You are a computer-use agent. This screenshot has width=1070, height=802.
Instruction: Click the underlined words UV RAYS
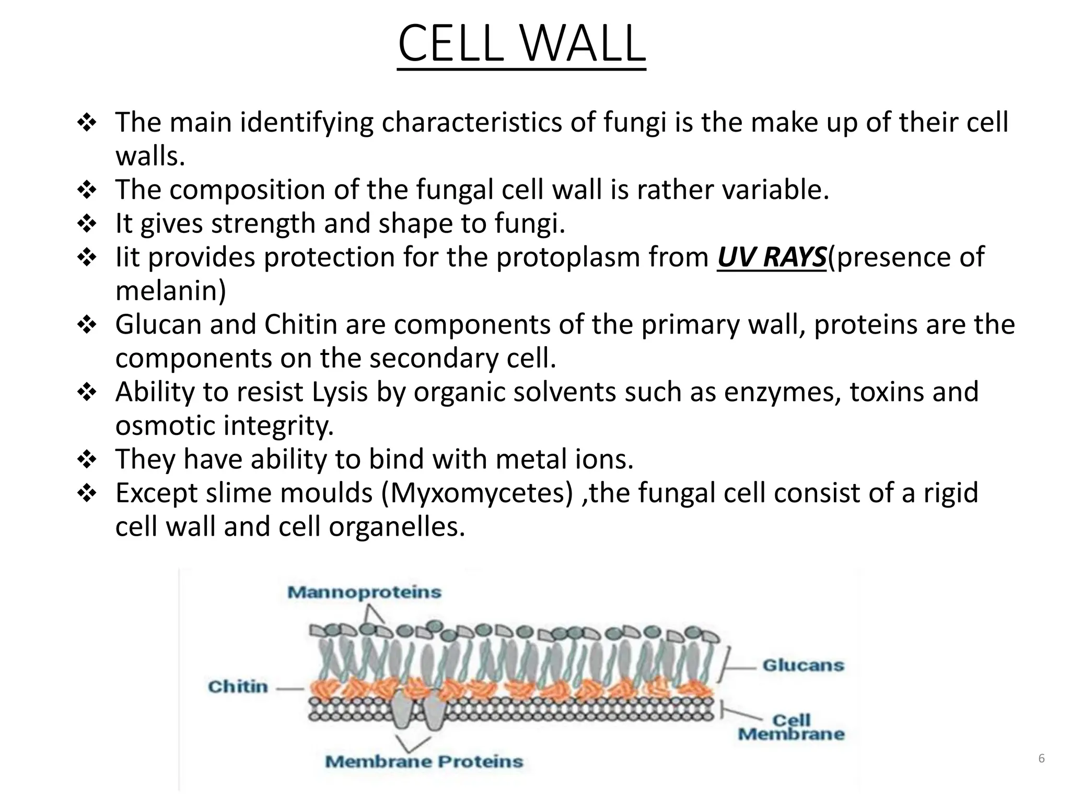772,257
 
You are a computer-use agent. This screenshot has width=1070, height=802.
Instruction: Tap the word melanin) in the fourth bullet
171,291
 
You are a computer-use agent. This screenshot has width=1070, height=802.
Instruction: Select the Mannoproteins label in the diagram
364,592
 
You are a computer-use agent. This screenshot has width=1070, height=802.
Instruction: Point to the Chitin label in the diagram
238,686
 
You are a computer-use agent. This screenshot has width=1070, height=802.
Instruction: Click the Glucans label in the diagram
803,665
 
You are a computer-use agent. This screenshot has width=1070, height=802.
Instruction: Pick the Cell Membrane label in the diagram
791,727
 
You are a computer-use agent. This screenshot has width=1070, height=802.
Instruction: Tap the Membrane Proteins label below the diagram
424,761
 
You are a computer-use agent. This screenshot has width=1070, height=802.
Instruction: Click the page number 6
1041,759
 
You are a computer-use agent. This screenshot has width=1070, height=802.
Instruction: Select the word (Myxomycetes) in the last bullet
477,493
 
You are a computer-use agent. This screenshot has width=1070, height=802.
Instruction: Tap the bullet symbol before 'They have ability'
87,460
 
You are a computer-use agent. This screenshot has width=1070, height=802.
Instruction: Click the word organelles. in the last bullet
397,526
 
